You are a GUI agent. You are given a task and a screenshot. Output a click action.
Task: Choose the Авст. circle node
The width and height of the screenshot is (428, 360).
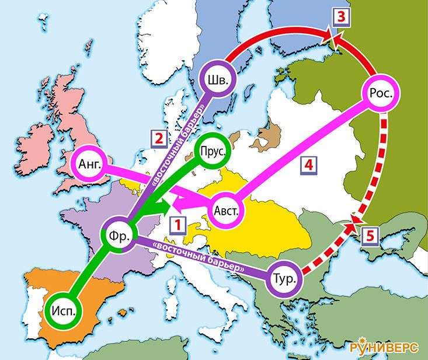(226, 211)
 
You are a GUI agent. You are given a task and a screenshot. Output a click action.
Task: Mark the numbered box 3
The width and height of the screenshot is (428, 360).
(343, 16)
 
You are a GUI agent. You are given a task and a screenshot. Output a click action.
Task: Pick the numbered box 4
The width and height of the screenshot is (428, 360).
(309, 165)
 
